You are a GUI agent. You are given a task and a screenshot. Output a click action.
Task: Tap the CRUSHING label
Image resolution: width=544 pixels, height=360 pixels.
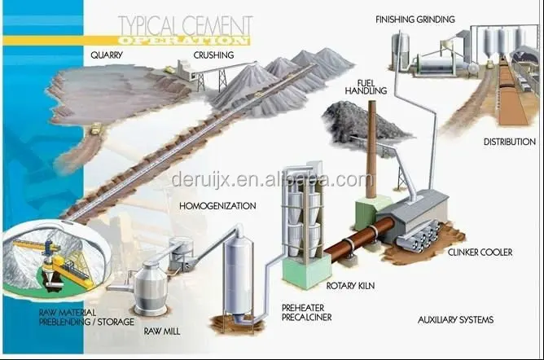(x=213, y=55)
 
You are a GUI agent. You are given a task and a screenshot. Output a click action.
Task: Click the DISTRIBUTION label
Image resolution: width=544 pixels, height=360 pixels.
(x=509, y=142)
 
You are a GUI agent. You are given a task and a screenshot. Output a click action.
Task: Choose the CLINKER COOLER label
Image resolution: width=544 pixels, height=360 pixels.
(x=480, y=252)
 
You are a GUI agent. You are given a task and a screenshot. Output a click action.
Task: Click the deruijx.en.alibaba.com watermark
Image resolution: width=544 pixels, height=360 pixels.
(x=272, y=179)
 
